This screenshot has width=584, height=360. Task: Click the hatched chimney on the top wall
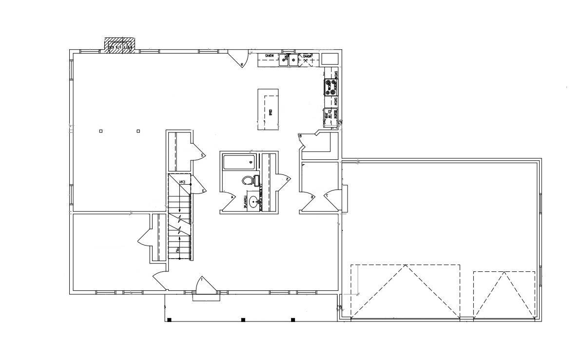click(x=119, y=45)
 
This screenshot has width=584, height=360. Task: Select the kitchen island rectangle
click(x=268, y=109)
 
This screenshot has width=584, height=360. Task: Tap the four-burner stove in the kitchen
click(x=331, y=88)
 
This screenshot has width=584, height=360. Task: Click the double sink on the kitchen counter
click(x=289, y=60)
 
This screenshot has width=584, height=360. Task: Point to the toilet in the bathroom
click(x=248, y=181)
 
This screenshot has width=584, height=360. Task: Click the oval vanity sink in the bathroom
click(x=253, y=201)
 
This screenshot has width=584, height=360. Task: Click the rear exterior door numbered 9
click(x=239, y=58)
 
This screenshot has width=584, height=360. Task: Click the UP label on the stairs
click(x=178, y=250)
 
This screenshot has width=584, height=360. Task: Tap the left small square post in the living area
click(x=101, y=131)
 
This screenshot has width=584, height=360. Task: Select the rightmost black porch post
click(x=293, y=320)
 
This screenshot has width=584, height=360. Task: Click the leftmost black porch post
click(x=169, y=320)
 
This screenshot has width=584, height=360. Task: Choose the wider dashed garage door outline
click(x=406, y=291)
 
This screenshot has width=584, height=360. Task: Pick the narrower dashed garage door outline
click(x=505, y=294)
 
